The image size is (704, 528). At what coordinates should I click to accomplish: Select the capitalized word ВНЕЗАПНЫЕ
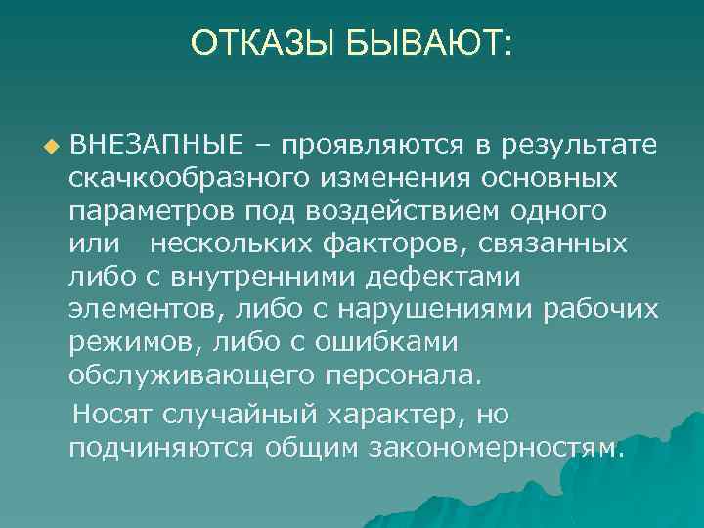click(155, 147)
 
